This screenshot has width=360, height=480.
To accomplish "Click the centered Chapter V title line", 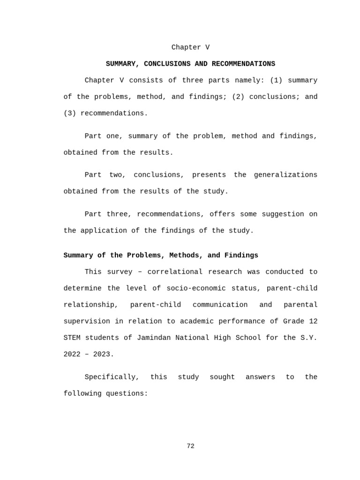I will point(190,47).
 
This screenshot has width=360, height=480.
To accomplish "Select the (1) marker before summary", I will point(276,80).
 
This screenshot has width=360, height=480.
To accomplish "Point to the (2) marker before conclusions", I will point(238,97).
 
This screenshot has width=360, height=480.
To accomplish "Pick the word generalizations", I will point(285,175).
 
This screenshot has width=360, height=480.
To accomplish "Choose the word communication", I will point(220,305).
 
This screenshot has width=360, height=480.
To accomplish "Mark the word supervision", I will point(87,321).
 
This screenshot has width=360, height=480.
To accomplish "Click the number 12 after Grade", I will point(313,321).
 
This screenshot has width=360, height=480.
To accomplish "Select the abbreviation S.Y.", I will point(309,337).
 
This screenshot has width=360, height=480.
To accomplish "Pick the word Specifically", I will point(112,377).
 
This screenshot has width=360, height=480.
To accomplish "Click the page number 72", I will point(190,446).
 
